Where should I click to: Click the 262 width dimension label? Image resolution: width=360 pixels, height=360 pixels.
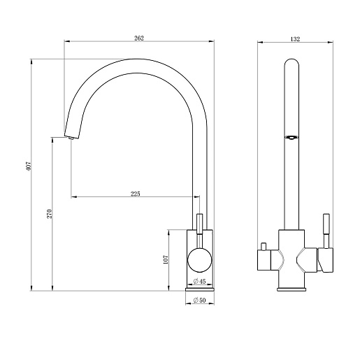coord(139,38)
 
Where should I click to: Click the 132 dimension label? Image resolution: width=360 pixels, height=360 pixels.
coord(295,39)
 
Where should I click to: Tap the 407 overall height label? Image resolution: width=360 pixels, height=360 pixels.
coord(28,166)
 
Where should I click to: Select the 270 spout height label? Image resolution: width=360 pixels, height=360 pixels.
coord(50,214)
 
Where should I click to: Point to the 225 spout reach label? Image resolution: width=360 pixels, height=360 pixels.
coord(136,194)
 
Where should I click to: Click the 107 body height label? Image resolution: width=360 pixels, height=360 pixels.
coord(166,259)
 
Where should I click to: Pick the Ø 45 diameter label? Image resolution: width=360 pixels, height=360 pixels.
coord(199,282)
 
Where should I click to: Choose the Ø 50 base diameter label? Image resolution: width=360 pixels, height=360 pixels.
coord(199,301)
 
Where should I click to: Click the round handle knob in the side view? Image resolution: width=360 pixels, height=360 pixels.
coord(200,260)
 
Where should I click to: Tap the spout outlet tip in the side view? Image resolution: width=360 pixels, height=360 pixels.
coord(71,138)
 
